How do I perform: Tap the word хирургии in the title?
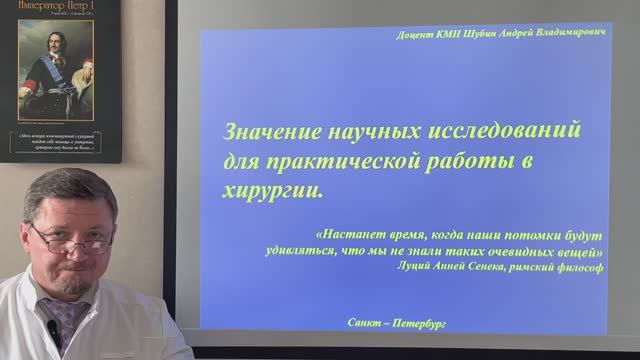pos(261,187)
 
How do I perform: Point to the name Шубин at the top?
pos(485,33)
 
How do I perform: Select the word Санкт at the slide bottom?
pos(368,325)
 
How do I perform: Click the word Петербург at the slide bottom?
pos(419,325)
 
